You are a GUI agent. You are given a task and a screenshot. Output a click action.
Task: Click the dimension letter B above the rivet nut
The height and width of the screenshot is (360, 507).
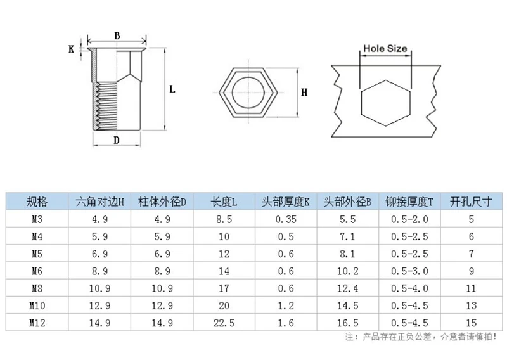(117, 35)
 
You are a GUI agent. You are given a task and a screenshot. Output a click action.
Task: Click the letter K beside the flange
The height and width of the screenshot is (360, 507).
(72, 49)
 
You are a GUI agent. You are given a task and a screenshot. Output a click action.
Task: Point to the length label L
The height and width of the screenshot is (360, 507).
(172, 89)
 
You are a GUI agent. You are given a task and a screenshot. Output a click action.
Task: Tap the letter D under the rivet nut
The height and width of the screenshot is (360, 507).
(117, 140)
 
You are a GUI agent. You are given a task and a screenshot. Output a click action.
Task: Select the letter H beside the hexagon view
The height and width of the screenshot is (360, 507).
(304, 93)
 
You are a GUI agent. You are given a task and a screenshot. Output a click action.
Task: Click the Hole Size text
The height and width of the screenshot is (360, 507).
(385, 49)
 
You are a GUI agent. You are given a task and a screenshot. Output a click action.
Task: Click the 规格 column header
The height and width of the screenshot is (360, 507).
(37, 202)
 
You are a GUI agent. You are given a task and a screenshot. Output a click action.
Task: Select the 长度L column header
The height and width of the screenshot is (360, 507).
(224, 202)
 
